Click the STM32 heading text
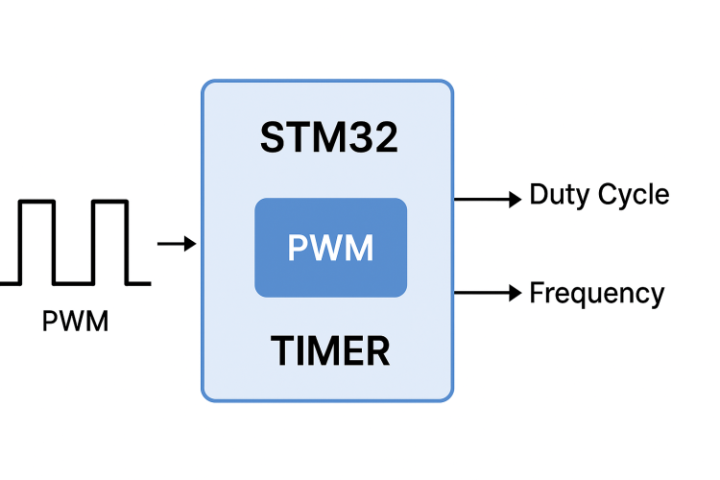[x=328, y=138]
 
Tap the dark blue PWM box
[x=330, y=248]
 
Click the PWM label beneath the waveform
[x=76, y=321]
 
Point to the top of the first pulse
[x=37, y=202]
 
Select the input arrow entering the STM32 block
[x=176, y=245]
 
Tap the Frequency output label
[x=596, y=293]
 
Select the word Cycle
[x=634, y=195]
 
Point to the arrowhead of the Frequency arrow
[x=514, y=292]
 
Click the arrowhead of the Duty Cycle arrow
[x=514, y=199]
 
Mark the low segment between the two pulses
[x=73, y=282]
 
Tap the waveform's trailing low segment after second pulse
[x=138, y=282]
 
